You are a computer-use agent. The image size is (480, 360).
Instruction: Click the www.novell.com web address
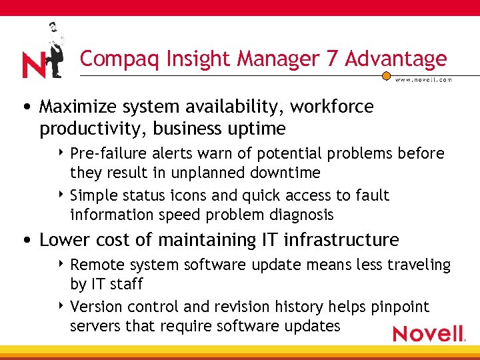[424, 79]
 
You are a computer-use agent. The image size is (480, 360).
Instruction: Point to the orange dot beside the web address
[386, 76]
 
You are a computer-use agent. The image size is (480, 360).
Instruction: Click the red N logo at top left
[33, 65]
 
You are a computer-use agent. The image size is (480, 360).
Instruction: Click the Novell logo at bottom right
[428, 333]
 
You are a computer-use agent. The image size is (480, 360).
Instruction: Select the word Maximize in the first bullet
[77, 107]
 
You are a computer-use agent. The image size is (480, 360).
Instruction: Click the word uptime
[259, 128]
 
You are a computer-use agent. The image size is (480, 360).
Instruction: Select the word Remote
[95, 265]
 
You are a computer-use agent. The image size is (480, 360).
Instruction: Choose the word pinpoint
[397, 307]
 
